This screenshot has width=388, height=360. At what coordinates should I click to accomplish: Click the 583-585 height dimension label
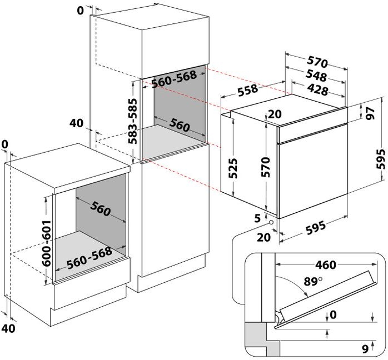point(132,121)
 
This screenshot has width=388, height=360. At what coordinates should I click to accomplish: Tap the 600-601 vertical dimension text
point(46,243)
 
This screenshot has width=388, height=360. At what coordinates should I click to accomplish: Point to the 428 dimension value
point(317,89)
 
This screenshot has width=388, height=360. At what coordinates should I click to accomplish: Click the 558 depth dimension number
point(248,90)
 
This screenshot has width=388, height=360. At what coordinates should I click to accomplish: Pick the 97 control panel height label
point(370,113)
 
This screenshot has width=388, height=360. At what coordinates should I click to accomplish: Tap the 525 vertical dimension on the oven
point(232,168)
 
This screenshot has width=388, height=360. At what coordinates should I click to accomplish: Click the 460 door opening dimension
point(325,265)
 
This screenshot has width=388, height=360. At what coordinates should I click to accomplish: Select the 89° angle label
point(313,281)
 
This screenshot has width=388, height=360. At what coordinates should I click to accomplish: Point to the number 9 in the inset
point(365,349)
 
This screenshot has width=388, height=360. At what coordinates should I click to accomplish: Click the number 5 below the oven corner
point(257,218)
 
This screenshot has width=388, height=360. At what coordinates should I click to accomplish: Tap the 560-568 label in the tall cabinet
point(174,79)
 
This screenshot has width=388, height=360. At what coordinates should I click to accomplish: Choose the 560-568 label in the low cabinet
point(89,258)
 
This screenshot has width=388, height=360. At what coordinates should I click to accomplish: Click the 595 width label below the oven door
point(316,228)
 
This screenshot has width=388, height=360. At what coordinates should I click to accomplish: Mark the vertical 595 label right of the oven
point(381,159)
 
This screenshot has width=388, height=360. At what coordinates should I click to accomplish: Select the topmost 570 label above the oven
point(317,62)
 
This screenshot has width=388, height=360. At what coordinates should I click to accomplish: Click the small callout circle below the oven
point(271,222)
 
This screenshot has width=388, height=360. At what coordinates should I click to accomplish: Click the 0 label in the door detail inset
point(333,315)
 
